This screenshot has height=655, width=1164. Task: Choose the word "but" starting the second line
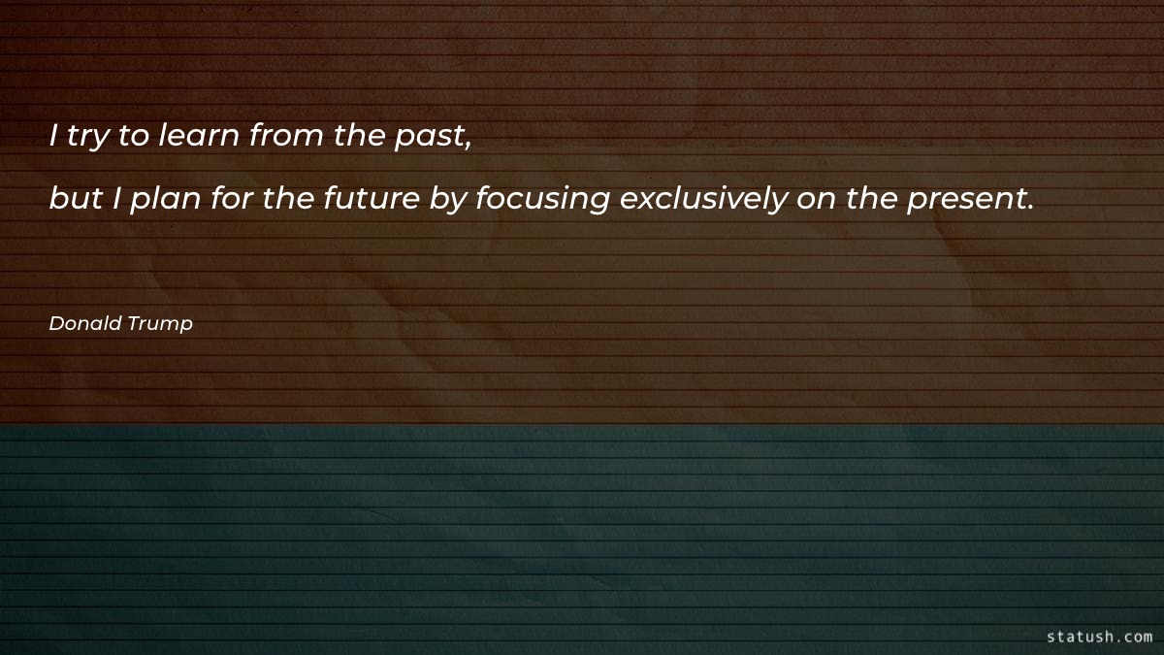tap(74, 199)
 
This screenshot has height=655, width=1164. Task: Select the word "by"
tap(450, 201)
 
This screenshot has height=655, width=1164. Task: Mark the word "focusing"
tap(542, 201)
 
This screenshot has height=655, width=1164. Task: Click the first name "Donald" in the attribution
tap(85, 324)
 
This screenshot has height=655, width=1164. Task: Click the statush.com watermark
tap(1099, 637)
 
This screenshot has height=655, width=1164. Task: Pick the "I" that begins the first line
tap(54, 137)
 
